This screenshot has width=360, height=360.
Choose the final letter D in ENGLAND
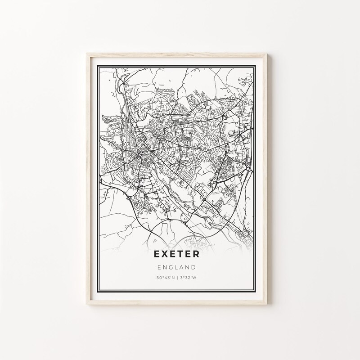(194, 267)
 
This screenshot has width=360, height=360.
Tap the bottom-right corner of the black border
(261, 292)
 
